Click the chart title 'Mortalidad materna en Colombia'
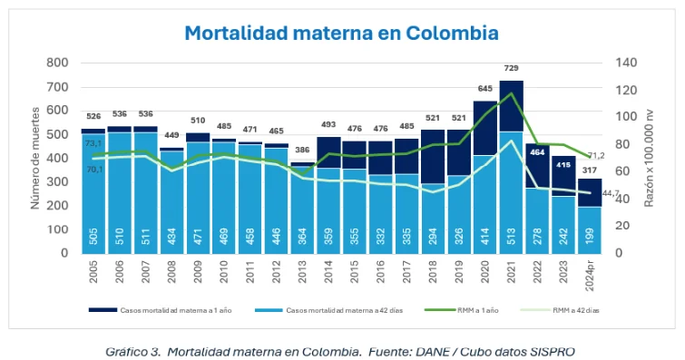click(341, 33)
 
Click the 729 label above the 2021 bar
click(512, 69)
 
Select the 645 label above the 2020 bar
click(484, 89)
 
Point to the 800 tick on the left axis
click(57, 63)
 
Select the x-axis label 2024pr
click(591, 275)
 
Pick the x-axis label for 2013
click(303, 272)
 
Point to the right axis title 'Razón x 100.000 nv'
click(650, 158)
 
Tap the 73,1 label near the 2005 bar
click(93, 143)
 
